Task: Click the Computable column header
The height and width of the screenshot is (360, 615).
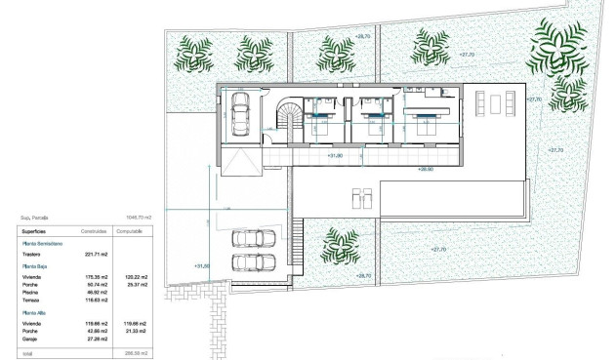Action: (131, 232)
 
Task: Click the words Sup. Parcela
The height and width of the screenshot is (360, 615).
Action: (35, 218)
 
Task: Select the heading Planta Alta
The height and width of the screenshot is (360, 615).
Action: (34, 312)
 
